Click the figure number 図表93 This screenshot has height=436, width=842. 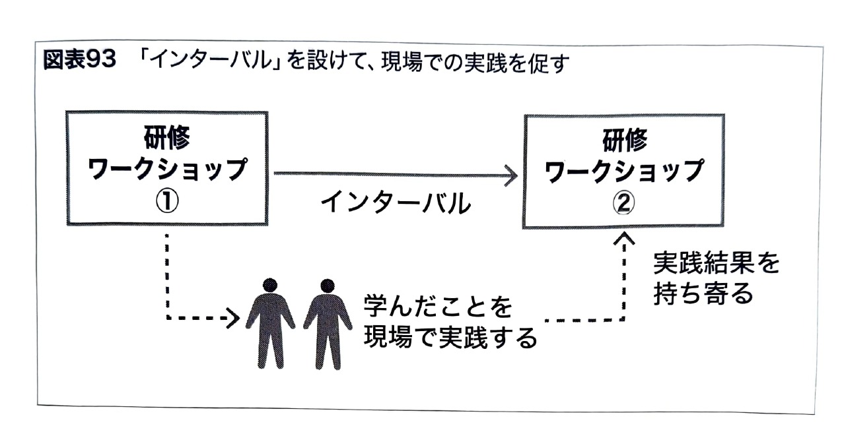point(79,63)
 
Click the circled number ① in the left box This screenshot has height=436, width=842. point(168,202)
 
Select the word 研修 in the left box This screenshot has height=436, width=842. point(169,137)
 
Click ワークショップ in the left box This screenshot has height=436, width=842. point(168,170)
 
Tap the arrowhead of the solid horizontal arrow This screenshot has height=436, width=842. point(510,174)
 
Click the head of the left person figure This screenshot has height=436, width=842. point(269,285)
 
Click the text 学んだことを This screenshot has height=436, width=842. point(438,306)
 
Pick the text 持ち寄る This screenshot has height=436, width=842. point(703,294)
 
